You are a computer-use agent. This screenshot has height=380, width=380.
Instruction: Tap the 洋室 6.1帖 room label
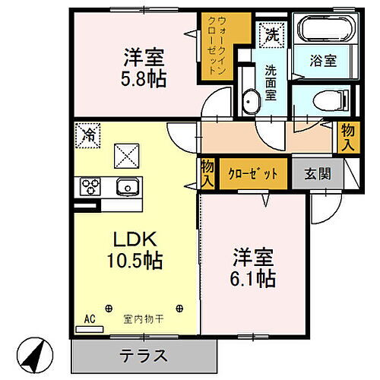coord(254,267)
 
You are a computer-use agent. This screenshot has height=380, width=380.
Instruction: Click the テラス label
coord(142,354)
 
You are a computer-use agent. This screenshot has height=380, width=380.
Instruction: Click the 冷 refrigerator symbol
coord(89,136)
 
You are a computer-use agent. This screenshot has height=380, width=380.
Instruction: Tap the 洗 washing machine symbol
coord(271,33)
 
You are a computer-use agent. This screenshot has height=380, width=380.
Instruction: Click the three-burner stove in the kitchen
coord(90,186)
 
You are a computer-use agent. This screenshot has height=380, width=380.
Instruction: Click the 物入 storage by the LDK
coord(206,172)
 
